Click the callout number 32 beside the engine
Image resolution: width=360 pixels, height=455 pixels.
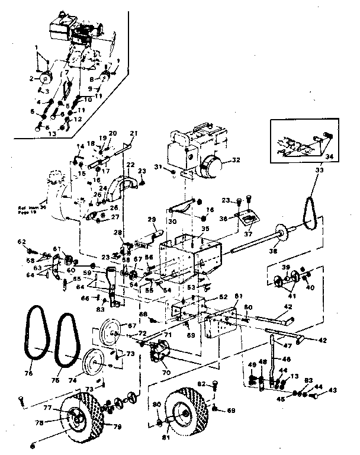pos(236,159)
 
